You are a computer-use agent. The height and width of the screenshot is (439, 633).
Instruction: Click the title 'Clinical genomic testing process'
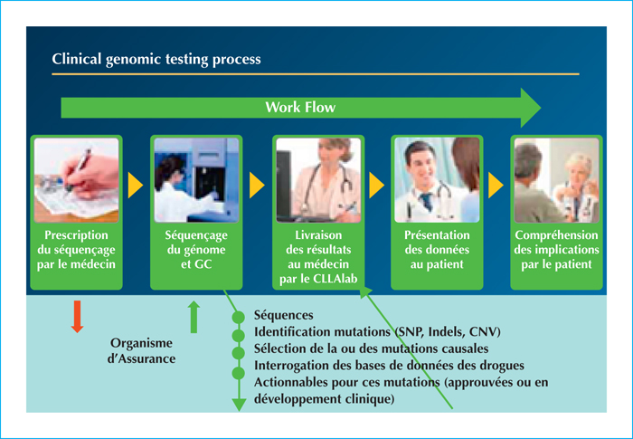pyautogui.click(x=156, y=60)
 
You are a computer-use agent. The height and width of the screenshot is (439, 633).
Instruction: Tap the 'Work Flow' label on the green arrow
pyautogui.click(x=300, y=107)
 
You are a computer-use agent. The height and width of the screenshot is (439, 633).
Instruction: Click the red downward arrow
pyautogui.click(x=77, y=317)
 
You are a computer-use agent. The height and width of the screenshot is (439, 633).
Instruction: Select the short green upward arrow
pyautogui.click(x=194, y=317)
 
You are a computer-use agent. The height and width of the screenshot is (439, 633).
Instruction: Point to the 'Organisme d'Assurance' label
pyautogui.click(x=141, y=351)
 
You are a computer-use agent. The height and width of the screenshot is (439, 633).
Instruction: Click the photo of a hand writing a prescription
pyautogui.click(x=76, y=180)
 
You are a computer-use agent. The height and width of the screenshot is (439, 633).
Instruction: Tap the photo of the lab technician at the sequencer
pyautogui.click(x=196, y=180)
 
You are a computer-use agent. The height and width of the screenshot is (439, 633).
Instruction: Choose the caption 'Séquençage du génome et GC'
pyautogui.click(x=196, y=250)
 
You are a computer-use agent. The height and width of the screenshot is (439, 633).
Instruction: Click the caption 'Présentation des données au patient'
pyautogui.click(x=437, y=250)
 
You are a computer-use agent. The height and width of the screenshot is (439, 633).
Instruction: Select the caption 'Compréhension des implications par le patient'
pyautogui.click(x=556, y=250)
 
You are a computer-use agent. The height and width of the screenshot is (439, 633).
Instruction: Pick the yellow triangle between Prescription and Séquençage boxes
pyautogui.click(x=136, y=186)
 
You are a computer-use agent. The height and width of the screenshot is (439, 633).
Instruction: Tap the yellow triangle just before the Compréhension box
pyautogui.click(x=496, y=186)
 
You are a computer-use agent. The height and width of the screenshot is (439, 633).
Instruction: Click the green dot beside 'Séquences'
pyautogui.click(x=239, y=318)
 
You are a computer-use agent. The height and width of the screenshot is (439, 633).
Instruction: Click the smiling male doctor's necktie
pyautogui.click(x=426, y=202)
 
